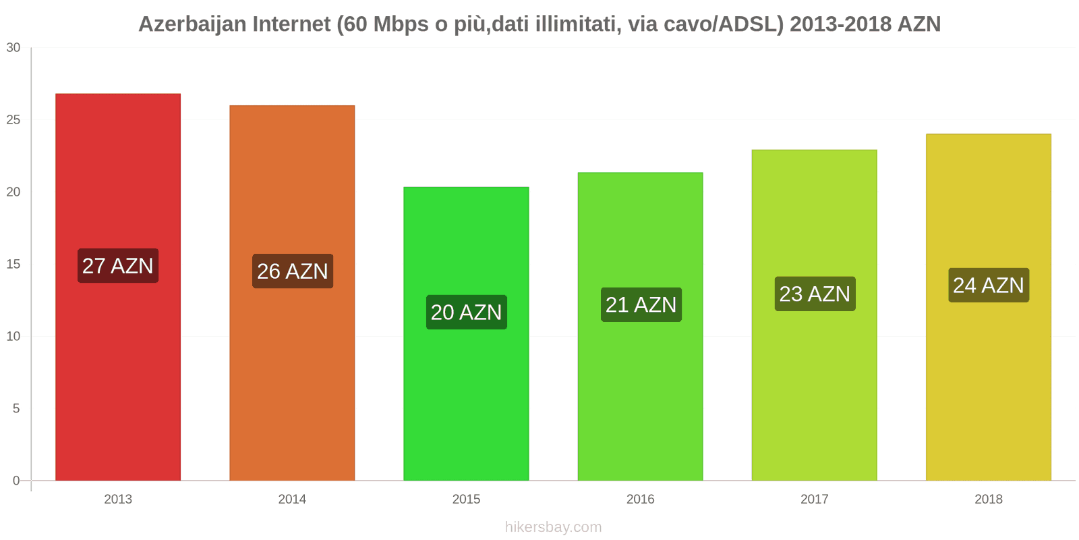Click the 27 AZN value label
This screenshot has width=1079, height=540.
(118, 265)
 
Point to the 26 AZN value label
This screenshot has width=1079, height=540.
(292, 271)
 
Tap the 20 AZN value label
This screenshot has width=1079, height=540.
(466, 312)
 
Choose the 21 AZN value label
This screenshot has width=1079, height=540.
(641, 304)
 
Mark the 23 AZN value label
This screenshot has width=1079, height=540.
(815, 294)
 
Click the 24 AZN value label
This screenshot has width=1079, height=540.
(989, 285)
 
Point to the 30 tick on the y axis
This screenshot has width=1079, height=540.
(13, 47)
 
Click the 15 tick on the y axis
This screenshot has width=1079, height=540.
(13, 264)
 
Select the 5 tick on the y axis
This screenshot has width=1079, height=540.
(16, 408)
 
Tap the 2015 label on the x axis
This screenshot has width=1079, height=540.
(466, 499)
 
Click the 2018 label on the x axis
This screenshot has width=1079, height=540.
(988, 499)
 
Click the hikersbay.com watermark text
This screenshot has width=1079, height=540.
(553, 526)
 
